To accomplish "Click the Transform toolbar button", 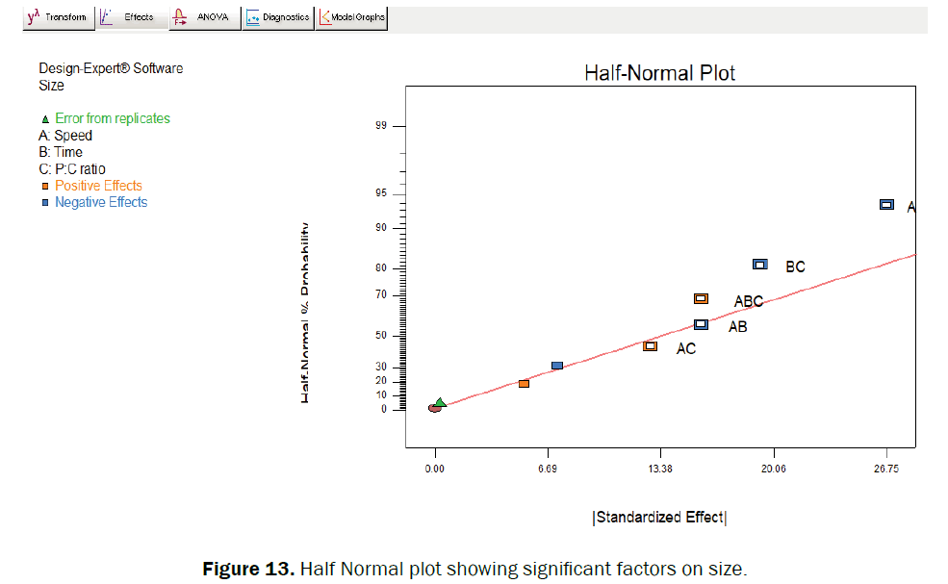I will [x=58, y=17].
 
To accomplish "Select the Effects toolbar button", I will [x=132, y=17].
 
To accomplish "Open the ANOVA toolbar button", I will [x=204, y=17].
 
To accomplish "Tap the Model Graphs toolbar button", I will [x=351, y=17].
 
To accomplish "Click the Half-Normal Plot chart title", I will [x=660, y=73].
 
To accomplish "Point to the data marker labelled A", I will [x=886, y=205].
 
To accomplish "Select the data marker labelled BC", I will [x=759, y=265].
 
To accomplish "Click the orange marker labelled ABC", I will [x=701, y=299].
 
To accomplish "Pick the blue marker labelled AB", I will [x=701, y=325].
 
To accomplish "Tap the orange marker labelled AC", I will [x=650, y=346].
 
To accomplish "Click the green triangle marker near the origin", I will [x=441, y=402].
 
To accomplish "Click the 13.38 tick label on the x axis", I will [x=659, y=469].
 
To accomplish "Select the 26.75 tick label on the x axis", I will [x=885, y=469].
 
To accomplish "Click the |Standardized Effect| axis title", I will [x=659, y=518].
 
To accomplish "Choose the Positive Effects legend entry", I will [x=98, y=186].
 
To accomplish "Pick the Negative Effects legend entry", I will [x=101, y=202].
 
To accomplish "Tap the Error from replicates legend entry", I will [x=112, y=118].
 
